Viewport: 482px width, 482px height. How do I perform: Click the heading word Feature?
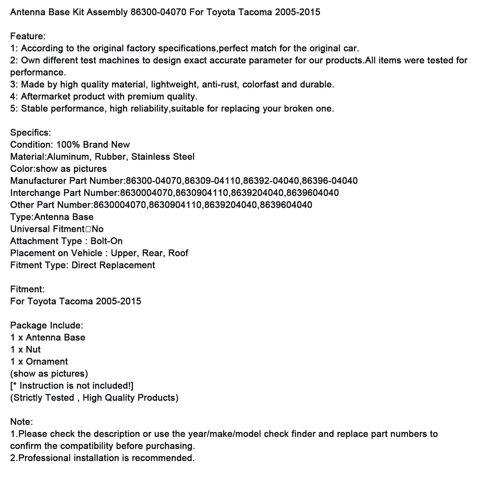(28, 36)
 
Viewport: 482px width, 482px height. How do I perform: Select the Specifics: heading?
(31, 132)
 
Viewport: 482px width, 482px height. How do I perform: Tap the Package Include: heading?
(47, 325)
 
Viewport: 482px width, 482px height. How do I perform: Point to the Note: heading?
(22, 422)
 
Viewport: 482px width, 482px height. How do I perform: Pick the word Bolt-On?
(106, 241)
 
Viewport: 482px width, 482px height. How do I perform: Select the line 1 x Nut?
(25, 349)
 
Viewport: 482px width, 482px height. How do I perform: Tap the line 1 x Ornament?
(39, 361)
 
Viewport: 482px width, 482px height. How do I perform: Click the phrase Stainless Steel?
(163, 157)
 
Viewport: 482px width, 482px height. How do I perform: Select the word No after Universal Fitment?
(97, 229)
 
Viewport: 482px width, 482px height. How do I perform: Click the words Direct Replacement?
(113, 265)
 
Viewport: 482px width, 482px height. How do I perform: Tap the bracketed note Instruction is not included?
(72, 386)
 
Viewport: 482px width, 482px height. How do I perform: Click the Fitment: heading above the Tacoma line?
(27, 289)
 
